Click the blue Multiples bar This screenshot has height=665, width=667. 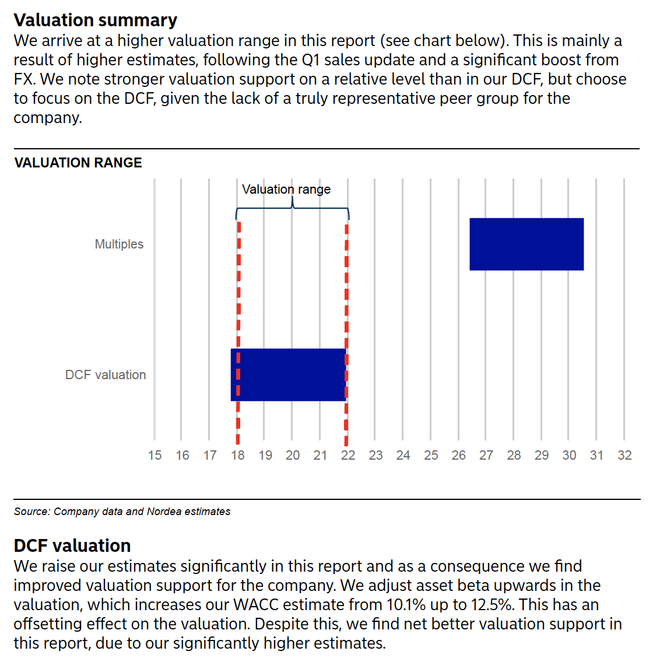pyautogui.click(x=526, y=244)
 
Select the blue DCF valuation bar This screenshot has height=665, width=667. pyautogui.click(x=289, y=375)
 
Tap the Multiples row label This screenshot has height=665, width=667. pyautogui.click(x=119, y=244)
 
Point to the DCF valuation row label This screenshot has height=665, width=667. pyautogui.click(x=106, y=375)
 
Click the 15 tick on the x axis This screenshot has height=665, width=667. pyautogui.click(x=155, y=455)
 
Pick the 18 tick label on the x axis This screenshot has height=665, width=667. pyautogui.click(x=238, y=455)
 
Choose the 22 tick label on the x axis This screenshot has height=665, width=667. pyautogui.click(x=348, y=455)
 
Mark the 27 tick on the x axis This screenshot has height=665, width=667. pyautogui.click(x=486, y=455)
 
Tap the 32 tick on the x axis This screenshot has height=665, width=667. pyautogui.click(x=624, y=455)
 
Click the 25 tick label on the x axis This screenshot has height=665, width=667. pyautogui.click(x=431, y=455)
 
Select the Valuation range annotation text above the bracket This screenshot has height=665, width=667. pyautogui.click(x=286, y=190)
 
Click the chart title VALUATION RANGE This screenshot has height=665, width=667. pyautogui.click(x=78, y=163)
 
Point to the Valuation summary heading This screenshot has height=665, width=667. pyautogui.click(x=95, y=20)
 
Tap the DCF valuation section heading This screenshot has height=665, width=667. pyautogui.click(x=72, y=545)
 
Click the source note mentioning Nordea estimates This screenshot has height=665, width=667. pyautogui.click(x=122, y=512)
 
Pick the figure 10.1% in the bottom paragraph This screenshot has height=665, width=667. pyautogui.click(x=406, y=604)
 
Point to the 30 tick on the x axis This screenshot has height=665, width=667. pyautogui.click(x=569, y=455)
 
